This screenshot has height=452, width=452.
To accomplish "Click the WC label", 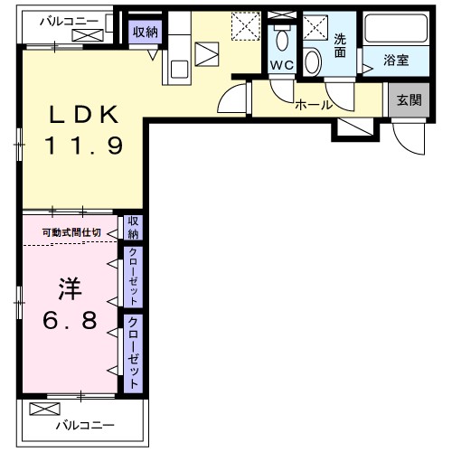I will (x=280, y=64).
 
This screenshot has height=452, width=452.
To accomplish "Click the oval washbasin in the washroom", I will (x=314, y=61).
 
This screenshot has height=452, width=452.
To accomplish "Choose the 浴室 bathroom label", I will (x=394, y=61).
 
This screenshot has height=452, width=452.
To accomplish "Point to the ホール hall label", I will (x=315, y=105).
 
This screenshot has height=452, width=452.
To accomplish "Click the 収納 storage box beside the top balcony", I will (x=144, y=32).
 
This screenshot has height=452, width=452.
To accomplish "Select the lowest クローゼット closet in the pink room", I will (x=132, y=353).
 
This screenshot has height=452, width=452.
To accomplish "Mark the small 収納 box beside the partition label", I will (x=132, y=226).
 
